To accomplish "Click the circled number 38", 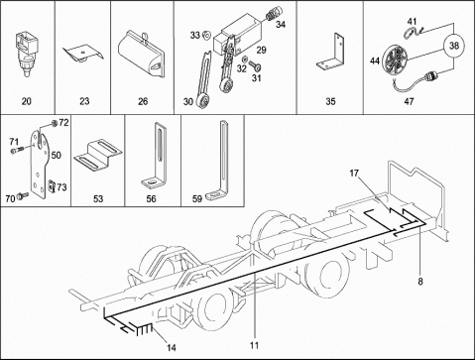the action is click(x=454, y=46).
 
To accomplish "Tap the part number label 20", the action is click(x=26, y=101).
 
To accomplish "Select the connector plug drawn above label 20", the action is click(x=25, y=54).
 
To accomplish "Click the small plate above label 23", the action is click(x=83, y=53).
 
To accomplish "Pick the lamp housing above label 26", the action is click(x=142, y=55).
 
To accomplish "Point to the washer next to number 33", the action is click(x=207, y=35).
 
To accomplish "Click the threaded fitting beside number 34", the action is click(x=274, y=13).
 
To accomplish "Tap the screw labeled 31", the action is click(x=255, y=65).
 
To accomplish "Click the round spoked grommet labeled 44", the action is click(x=396, y=60).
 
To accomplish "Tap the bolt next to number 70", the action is click(x=23, y=195).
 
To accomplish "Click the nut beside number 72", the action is click(x=55, y=123).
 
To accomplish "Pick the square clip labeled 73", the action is click(x=52, y=186).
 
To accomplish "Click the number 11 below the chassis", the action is click(x=254, y=345).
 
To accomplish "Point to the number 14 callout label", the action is click(x=171, y=347).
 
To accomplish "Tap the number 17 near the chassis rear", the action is click(x=354, y=174).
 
